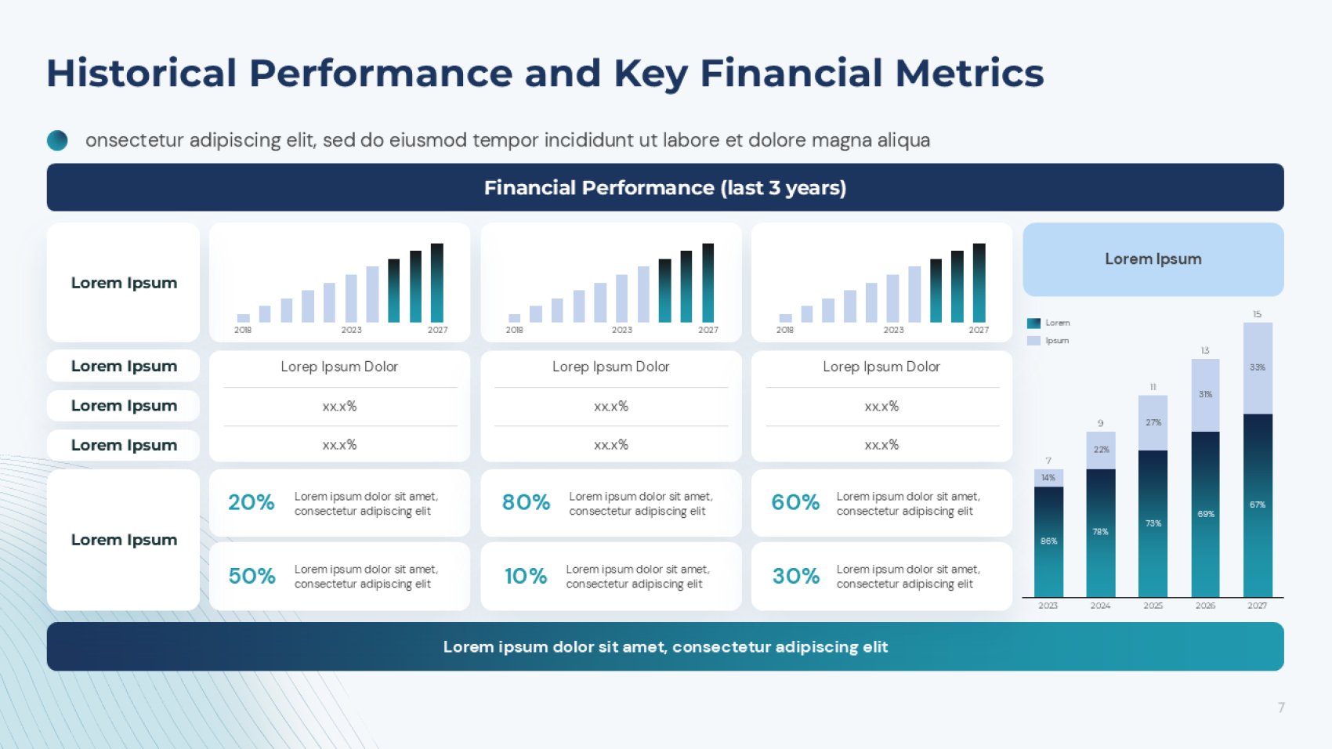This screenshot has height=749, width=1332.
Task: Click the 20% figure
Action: coord(251,502)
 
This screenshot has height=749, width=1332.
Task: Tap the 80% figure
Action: coord(526,502)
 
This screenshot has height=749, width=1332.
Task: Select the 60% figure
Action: coord(795,502)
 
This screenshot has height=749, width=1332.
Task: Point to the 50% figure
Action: coord(252,576)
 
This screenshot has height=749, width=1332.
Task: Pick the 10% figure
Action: coord(526,576)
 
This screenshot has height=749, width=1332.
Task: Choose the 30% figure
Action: coord(796,576)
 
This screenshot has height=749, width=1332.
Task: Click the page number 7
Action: coord(1281,707)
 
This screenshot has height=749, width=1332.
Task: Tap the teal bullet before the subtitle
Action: coord(57,140)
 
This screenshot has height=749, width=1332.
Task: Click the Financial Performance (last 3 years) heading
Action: coord(664,188)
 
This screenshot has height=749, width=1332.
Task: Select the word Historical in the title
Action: coord(142,74)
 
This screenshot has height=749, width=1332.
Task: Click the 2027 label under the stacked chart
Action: coord(1257,606)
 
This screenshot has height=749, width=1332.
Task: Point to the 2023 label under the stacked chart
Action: coord(1048,606)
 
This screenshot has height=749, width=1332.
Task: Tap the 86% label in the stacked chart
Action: coord(1048,541)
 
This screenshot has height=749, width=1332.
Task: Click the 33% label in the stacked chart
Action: coord(1257,367)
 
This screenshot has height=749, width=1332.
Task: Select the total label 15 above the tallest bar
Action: coord(1257,314)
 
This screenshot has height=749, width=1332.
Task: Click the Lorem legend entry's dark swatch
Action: coord(1033,323)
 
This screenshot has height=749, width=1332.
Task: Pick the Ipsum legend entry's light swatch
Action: coord(1033,341)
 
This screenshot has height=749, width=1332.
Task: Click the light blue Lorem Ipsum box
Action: coord(1153,259)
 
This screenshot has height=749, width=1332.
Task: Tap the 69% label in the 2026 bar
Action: coord(1205,515)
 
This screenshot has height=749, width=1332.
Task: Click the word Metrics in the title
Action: coord(969,74)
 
